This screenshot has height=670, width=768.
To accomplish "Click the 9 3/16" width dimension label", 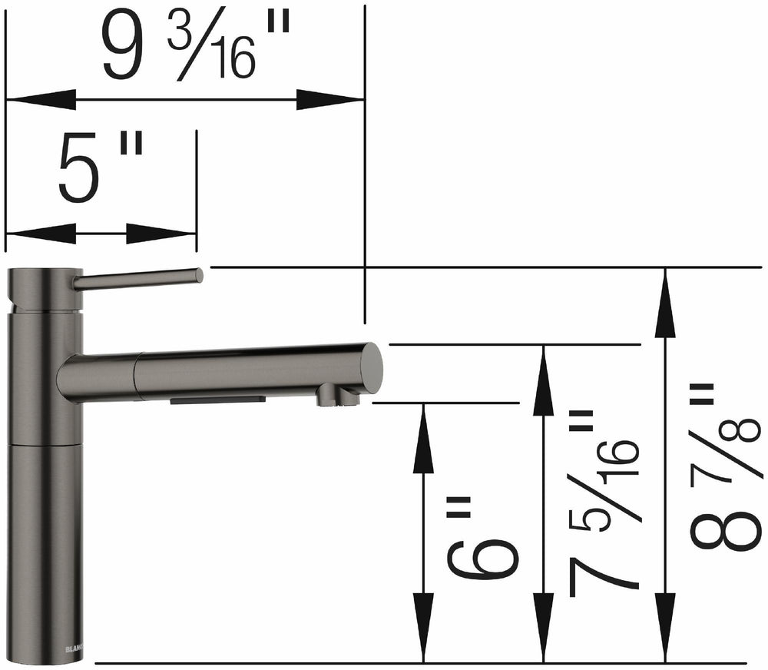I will click(x=196, y=48).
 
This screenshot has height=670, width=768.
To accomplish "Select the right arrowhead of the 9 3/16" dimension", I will click(x=330, y=99).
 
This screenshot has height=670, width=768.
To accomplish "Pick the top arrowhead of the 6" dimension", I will click(x=423, y=438).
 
